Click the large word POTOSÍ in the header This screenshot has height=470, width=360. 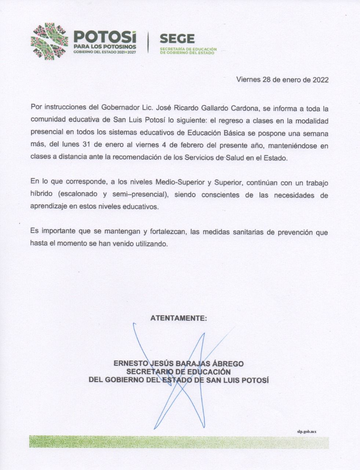pos(105,37)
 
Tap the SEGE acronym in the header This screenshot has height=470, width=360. pos(178,39)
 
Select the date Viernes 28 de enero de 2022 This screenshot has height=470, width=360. pos(282,79)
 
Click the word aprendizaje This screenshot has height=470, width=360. pos(49,207)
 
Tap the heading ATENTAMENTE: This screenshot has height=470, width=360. pos(179,318)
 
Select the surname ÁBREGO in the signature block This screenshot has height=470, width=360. pos(228,364)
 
